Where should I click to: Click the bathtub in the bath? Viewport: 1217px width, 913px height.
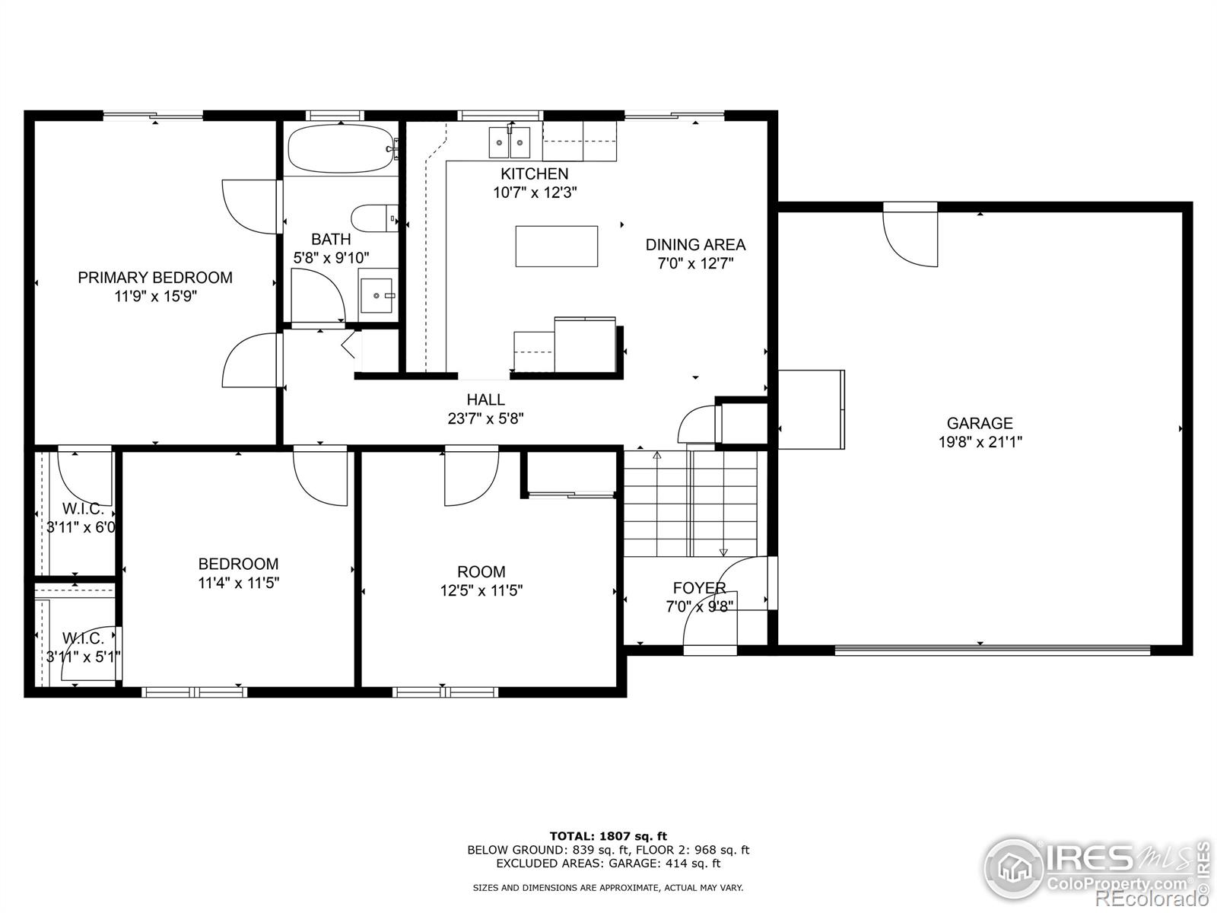coord(341,148)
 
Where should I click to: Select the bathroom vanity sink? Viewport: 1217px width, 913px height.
coord(377,294)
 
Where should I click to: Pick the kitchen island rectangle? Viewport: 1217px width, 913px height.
coord(556,246)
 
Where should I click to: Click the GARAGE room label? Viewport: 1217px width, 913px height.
coord(980,423)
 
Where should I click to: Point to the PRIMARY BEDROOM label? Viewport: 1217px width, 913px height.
coord(155,278)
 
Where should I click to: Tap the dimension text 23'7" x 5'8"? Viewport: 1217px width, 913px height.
coord(485,418)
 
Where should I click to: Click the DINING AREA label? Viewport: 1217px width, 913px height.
coord(695,245)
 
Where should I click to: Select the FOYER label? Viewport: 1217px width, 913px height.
coord(699,587)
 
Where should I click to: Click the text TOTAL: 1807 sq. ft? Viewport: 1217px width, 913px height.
coord(608,836)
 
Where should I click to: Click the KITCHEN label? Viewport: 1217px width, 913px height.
coord(534,173)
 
